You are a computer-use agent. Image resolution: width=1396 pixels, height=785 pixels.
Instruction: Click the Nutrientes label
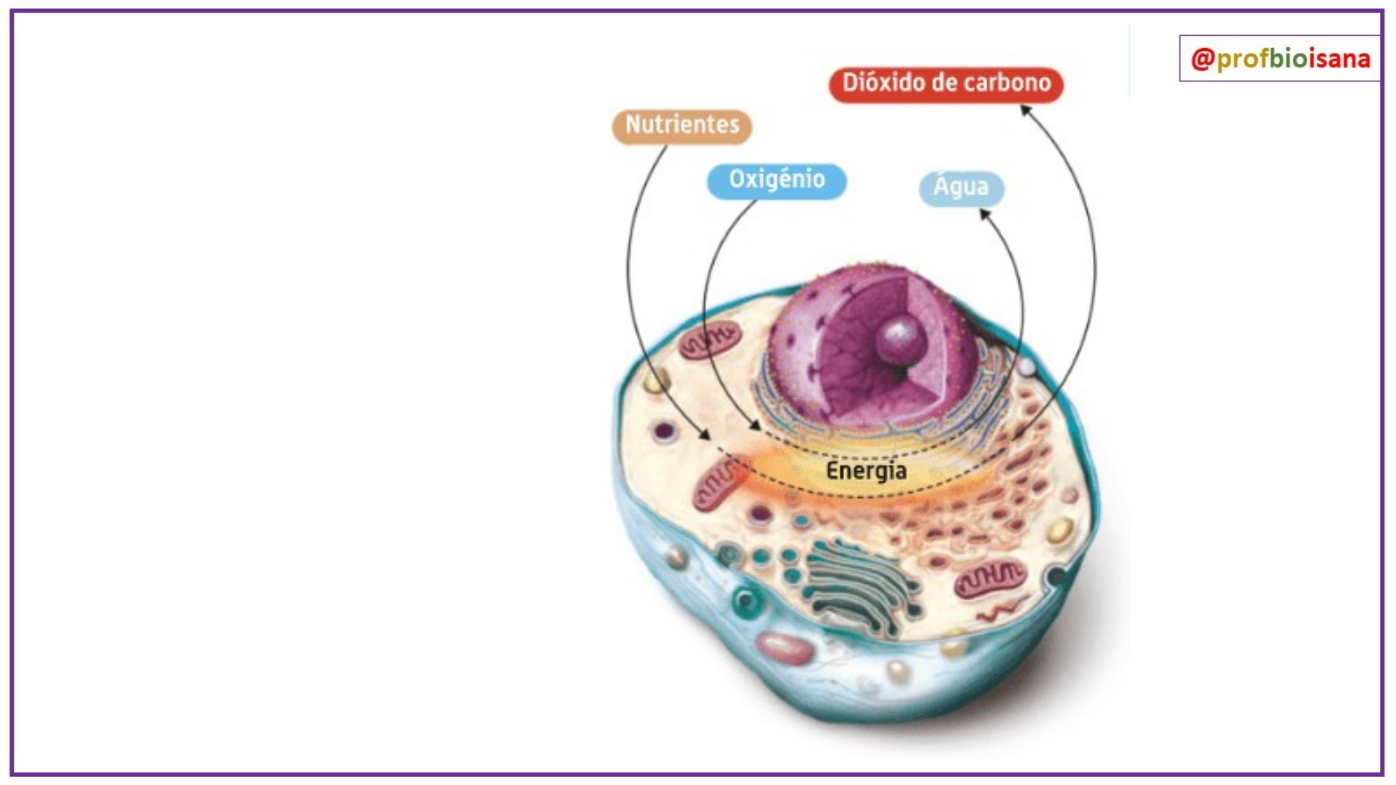point(682,125)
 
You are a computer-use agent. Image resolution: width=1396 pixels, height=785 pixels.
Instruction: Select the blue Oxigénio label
point(777,180)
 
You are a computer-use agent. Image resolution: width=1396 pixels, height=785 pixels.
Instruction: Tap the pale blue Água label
point(961,188)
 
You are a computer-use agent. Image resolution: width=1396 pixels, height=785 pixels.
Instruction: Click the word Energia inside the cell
point(866,471)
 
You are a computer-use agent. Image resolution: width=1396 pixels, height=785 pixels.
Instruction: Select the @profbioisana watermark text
point(1280,58)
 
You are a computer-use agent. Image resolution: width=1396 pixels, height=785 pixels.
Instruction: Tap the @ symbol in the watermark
point(1203,58)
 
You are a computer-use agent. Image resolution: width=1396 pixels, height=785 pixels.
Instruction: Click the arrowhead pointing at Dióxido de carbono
point(1025,110)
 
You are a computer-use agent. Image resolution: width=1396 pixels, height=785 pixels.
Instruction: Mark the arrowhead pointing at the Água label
point(984,214)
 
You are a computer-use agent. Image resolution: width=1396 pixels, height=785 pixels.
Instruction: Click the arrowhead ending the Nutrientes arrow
point(704,435)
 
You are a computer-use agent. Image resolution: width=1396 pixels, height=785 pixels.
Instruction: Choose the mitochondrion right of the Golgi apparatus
point(990,578)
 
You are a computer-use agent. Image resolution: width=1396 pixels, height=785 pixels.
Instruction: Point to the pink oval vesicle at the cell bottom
point(783,647)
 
